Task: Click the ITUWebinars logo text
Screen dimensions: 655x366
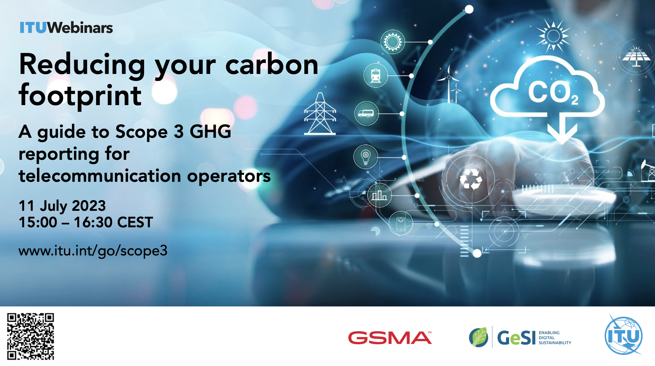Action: [x=66, y=27]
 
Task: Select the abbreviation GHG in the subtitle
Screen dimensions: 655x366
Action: [x=210, y=132]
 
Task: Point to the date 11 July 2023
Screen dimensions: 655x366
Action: [x=62, y=206]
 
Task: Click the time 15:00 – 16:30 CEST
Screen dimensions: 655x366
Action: [x=86, y=222]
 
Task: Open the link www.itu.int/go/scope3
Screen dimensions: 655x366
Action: [x=93, y=251]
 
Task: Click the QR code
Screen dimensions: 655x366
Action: [x=31, y=336]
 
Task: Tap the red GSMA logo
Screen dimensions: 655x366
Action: [x=390, y=338]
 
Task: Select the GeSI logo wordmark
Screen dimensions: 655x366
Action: [x=520, y=337]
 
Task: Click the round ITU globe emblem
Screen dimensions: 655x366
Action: [x=624, y=335]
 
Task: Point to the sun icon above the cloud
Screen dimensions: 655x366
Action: [x=553, y=36]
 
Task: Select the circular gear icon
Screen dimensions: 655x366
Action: [x=393, y=42]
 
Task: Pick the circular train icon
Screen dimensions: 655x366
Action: [x=376, y=75]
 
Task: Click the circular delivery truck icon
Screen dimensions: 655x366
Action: [x=366, y=113]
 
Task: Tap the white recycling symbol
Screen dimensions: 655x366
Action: [x=471, y=179]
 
